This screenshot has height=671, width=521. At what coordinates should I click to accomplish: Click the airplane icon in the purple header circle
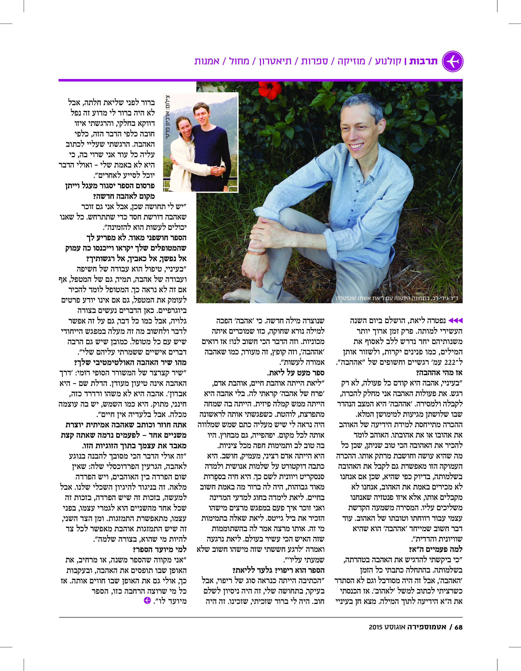click(x=453, y=61)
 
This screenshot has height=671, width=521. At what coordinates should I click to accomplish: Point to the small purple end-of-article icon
click(x=147, y=600)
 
